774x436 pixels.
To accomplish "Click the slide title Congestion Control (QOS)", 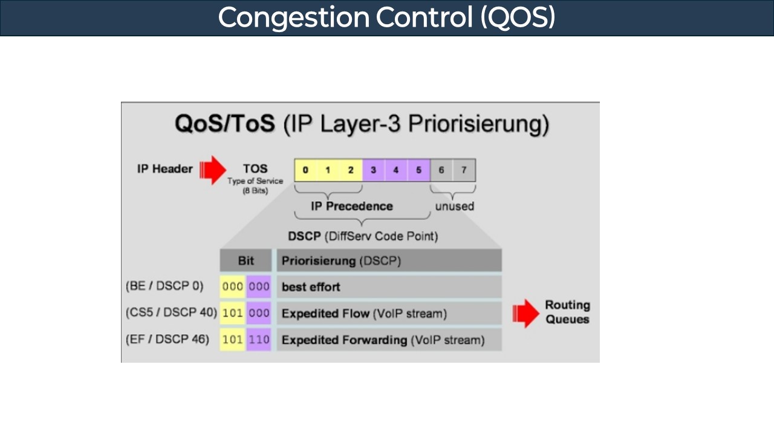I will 386,18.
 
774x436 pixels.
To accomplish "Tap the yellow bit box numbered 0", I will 305,170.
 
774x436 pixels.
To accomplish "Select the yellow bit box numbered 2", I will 351,170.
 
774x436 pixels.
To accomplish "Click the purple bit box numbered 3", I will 374,170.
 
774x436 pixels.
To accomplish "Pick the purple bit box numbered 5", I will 418,170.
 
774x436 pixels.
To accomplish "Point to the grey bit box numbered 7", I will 464,170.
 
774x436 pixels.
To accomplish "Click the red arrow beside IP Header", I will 212,170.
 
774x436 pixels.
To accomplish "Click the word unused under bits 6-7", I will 454,206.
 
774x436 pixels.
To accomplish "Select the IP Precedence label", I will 351,206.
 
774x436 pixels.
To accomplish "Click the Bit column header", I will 246,261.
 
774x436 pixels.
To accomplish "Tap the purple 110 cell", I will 259,340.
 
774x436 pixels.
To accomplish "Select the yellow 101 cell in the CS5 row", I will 232,314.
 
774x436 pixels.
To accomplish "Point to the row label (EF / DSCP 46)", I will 167,340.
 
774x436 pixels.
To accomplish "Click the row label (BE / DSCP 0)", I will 164,286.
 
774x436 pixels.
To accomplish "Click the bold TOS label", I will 255,168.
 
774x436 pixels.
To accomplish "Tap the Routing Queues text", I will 567,312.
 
